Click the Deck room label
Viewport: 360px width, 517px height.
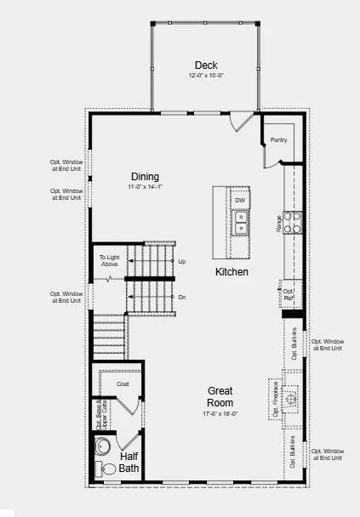click(x=205, y=65)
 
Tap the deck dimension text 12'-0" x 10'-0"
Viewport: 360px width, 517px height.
click(x=205, y=77)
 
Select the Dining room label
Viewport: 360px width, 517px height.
click(x=145, y=176)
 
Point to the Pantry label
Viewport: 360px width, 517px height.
click(x=278, y=139)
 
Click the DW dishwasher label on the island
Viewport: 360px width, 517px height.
click(x=241, y=201)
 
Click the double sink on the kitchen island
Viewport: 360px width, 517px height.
click(x=241, y=222)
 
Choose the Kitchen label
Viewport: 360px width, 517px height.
click(x=231, y=272)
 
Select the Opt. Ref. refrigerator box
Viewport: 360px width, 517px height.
click(x=289, y=294)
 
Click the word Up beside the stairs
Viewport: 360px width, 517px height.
click(x=182, y=261)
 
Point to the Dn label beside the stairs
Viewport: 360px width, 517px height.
click(x=182, y=297)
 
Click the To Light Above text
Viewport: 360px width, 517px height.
click(x=109, y=260)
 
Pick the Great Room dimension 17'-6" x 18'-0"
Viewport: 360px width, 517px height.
click(x=220, y=414)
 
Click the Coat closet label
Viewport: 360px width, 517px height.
click(x=123, y=383)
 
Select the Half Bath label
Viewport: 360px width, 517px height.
click(x=129, y=463)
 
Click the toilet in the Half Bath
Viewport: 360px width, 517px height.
click(x=108, y=469)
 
